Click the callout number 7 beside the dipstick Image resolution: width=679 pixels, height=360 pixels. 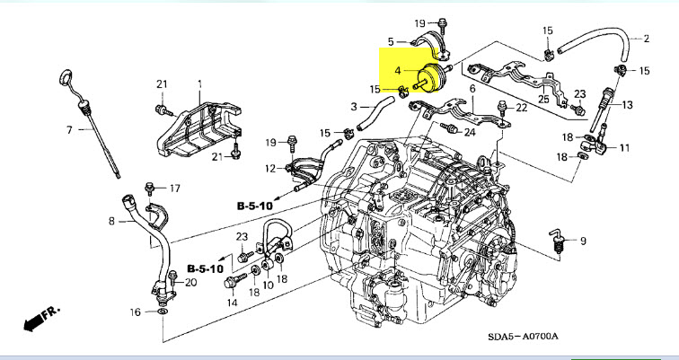coord(69,130)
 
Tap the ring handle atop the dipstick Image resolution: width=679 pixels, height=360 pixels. coord(66,74)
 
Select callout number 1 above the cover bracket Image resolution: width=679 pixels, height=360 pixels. coord(199,83)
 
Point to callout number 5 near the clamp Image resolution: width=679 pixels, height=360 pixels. coord(391,41)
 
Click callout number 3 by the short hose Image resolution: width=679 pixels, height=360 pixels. coord(353,107)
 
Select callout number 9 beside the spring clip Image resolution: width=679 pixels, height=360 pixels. coord(582,241)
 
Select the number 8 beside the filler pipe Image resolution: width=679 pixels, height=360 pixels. coord(111,221)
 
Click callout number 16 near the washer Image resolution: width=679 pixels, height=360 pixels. coord(136,312)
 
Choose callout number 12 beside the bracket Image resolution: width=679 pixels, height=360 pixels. coord(270,168)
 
